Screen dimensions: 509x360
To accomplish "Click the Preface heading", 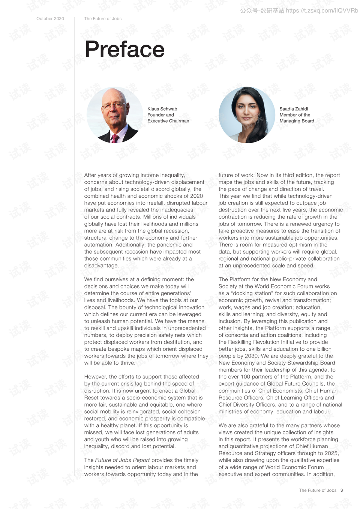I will coord(124,50).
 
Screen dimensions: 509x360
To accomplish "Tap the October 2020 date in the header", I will coord(50,19).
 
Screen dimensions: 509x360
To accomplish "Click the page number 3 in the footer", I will coord(342,490).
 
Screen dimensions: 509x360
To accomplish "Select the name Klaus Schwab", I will coord(162,109).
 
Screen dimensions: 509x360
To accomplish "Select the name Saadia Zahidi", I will coord(294,109).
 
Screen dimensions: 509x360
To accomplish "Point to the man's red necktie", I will coord(115,138).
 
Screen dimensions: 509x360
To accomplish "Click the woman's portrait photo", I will coord(247,115).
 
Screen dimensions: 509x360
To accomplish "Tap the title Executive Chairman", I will coord(168,121).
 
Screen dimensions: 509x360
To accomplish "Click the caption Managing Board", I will coord(297,121).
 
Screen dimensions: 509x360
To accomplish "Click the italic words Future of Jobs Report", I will coord(122,460).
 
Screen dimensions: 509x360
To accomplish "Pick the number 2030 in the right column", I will coord(251,356).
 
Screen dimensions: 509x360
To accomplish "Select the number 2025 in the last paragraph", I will coord(331,453).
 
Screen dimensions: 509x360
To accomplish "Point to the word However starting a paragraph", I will coord(96,377).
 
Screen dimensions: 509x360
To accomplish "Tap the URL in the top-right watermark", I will coord(322,11).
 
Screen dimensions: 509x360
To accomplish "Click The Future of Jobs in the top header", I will coord(103,19).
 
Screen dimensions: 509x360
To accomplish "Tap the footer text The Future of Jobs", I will coord(318,490).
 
